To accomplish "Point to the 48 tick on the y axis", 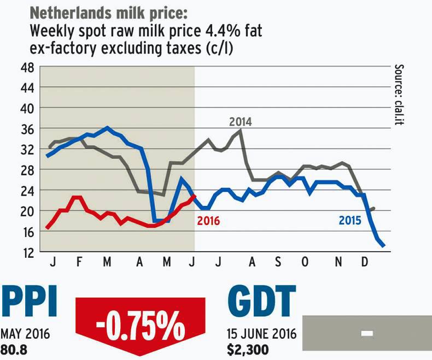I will click(27, 67).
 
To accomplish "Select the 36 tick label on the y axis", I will click(27, 129).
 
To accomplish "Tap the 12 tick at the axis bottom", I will click(27, 252).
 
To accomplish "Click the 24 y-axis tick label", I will click(27, 191).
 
